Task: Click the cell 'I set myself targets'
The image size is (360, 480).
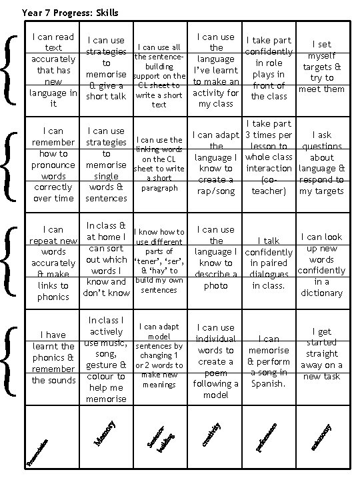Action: (x=322, y=67)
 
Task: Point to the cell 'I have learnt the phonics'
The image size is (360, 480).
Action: (x=53, y=357)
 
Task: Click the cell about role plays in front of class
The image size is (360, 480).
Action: (x=268, y=68)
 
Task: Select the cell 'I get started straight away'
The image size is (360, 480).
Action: (x=321, y=354)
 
